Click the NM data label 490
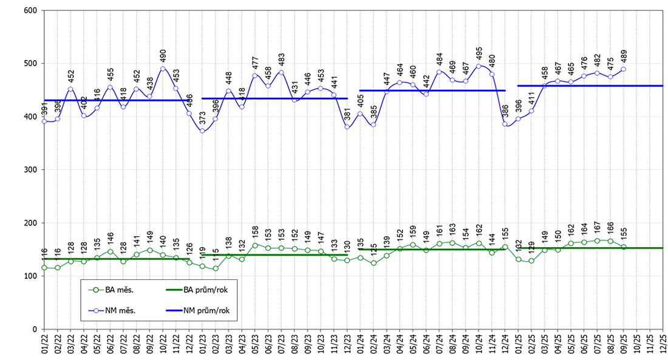point(163,56)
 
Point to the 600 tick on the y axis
point(30,10)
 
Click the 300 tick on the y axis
point(30,170)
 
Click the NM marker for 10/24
point(479,66)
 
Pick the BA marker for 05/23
point(255,245)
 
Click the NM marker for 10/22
point(163,69)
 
